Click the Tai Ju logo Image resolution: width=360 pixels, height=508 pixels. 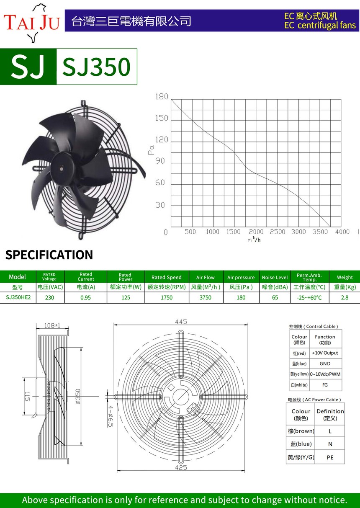(x=31, y=23)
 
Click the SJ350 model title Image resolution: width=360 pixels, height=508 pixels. (x=96, y=67)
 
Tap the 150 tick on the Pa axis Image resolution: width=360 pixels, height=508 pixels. (x=162, y=118)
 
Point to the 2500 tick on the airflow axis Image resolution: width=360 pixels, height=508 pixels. (x=277, y=232)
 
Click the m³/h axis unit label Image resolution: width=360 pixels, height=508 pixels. (x=254, y=240)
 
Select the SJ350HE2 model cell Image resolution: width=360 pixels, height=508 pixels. (x=18, y=297)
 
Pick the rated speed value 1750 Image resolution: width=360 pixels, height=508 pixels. (x=167, y=297)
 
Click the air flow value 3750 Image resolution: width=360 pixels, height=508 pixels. (x=206, y=297)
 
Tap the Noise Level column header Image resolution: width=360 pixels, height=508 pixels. (x=275, y=277)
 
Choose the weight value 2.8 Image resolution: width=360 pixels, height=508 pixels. (x=345, y=297)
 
